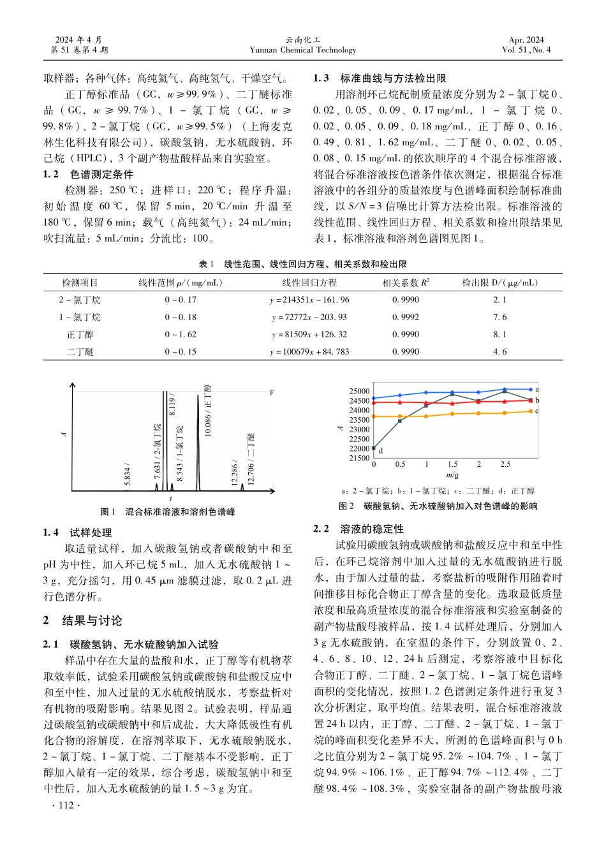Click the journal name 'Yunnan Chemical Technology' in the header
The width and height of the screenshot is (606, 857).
click(x=303, y=50)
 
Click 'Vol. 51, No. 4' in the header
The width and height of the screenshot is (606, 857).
click(x=526, y=50)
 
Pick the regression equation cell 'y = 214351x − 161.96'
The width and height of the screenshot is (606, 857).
click(x=309, y=300)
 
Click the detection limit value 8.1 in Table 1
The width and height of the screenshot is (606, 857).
click(x=499, y=334)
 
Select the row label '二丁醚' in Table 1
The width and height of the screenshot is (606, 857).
click(x=80, y=351)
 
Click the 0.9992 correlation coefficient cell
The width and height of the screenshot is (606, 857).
click(x=406, y=317)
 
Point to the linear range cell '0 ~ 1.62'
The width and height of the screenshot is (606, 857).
click(x=181, y=334)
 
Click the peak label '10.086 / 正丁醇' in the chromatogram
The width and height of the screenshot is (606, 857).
click(x=208, y=411)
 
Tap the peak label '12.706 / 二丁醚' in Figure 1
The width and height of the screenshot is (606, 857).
click(x=251, y=458)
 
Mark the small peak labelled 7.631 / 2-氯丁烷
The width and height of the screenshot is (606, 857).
click(x=157, y=486)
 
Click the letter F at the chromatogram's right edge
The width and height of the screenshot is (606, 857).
click(x=271, y=393)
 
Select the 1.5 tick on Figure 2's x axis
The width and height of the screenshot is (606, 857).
click(x=452, y=464)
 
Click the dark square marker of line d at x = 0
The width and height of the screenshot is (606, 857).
click(x=374, y=449)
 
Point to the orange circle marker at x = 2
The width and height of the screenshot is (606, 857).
click(x=478, y=413)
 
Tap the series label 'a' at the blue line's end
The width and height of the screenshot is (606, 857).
click(x=537, y=389)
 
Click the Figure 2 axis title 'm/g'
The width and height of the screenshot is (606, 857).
click(x=452, y=475)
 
